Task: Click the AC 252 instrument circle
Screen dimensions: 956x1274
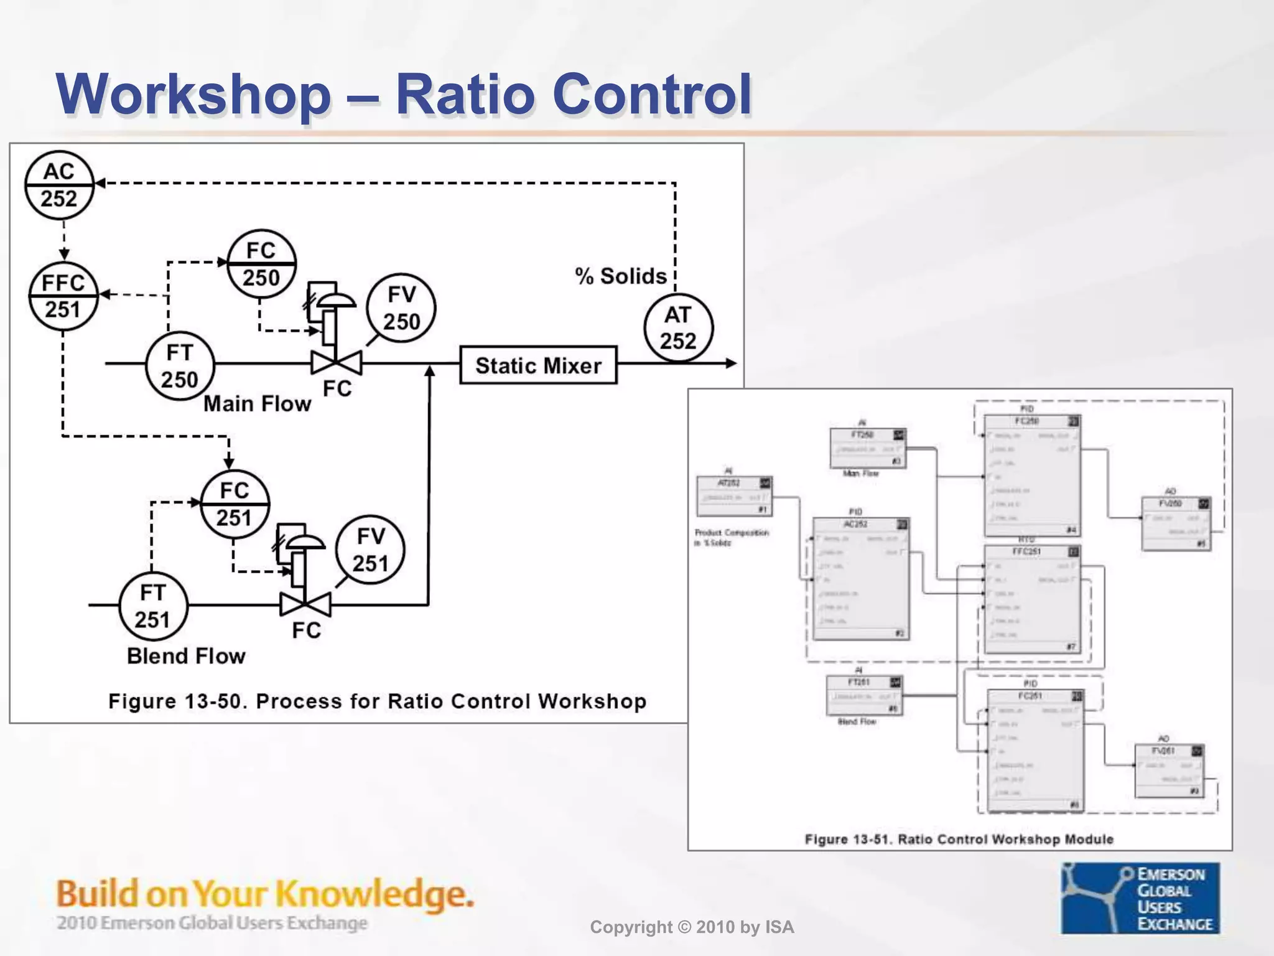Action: click(59, 185)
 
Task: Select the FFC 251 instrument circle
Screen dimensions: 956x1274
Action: click(63, 296)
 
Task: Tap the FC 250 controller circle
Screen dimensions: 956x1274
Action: click(261, 264)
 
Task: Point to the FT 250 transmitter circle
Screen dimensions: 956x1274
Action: click(180, 366)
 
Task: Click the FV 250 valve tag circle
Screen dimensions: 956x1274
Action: click(401, 308)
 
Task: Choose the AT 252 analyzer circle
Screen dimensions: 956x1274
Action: click(678, 328)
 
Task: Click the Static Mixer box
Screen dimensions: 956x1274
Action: click(538, 365)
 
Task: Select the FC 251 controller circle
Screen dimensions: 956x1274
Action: click(235, 504)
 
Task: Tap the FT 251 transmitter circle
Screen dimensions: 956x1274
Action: click(153, 606)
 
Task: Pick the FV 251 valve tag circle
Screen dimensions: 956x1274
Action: click(370, 550)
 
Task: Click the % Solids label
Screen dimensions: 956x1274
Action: click(620, 276)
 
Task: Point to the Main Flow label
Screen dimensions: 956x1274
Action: click(257, 404)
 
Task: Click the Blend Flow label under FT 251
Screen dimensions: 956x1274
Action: click(186, 656)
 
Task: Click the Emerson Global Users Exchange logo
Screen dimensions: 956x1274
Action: click(1140, 897)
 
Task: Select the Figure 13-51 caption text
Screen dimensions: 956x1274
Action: click(959, 839)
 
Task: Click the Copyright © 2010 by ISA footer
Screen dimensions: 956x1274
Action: click(692, 927)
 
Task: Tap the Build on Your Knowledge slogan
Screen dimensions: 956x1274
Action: click(265, 894)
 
